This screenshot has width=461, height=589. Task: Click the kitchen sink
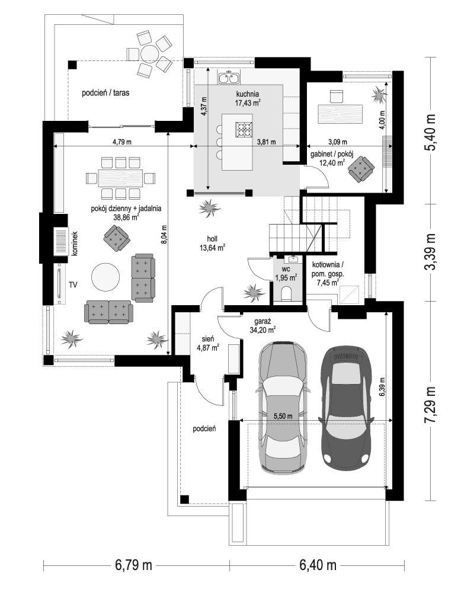coord(229,78)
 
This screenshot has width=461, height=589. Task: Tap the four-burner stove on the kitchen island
coord(243,130)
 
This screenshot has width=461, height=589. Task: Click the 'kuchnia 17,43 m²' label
coord(248,98)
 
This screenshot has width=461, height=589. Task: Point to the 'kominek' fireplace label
coord(74,244)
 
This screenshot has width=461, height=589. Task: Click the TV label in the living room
coord(73,285)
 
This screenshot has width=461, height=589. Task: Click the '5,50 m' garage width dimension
coord(283,416)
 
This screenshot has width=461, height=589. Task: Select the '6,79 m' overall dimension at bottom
coord(133,564)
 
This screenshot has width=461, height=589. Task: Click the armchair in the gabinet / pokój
coord(361,169)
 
